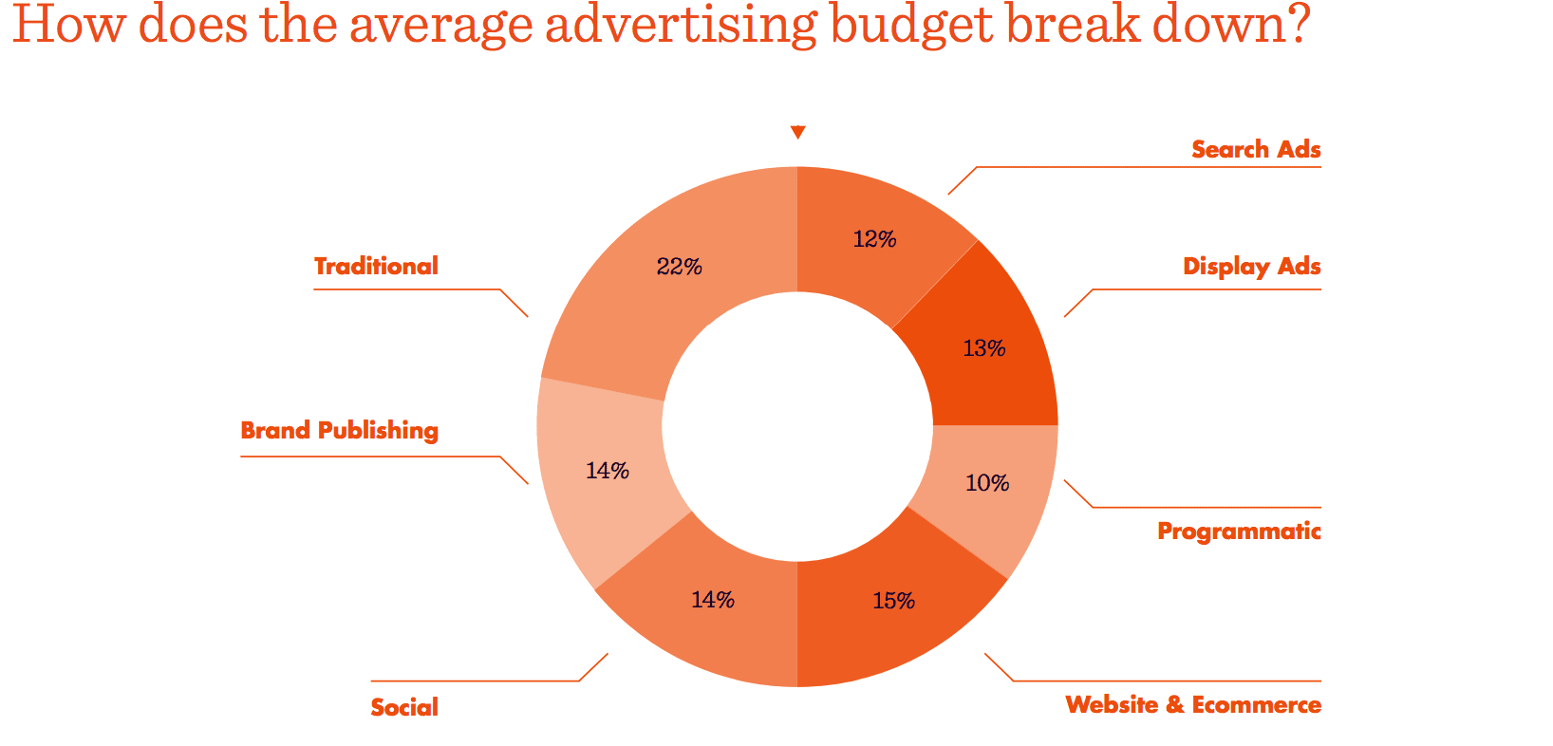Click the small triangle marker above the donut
click(x=797, y=132)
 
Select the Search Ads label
click(x=1255, y=149)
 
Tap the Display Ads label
click(x=1251, y=266)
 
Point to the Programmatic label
click(x=1238, y=531)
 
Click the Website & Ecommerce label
click(x=1192, y=704)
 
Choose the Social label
click(x=404, y=707)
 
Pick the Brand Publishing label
click(x=339, y=430)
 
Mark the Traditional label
click(x=376, y=266)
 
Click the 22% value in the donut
click(x=679, y=267)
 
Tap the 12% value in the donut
click(x=874, y=239)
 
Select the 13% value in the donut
click(x=983, y=348)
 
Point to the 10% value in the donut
click(x=986, y=483)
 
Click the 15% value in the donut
click(x=893, y=601)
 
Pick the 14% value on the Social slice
click(x=712, y=600)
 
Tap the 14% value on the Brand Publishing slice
click(x=607, y=470)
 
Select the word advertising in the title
click(x=680, y=25)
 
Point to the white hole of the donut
click(x=797, y=425)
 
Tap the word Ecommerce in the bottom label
click(x=1256, y=704)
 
